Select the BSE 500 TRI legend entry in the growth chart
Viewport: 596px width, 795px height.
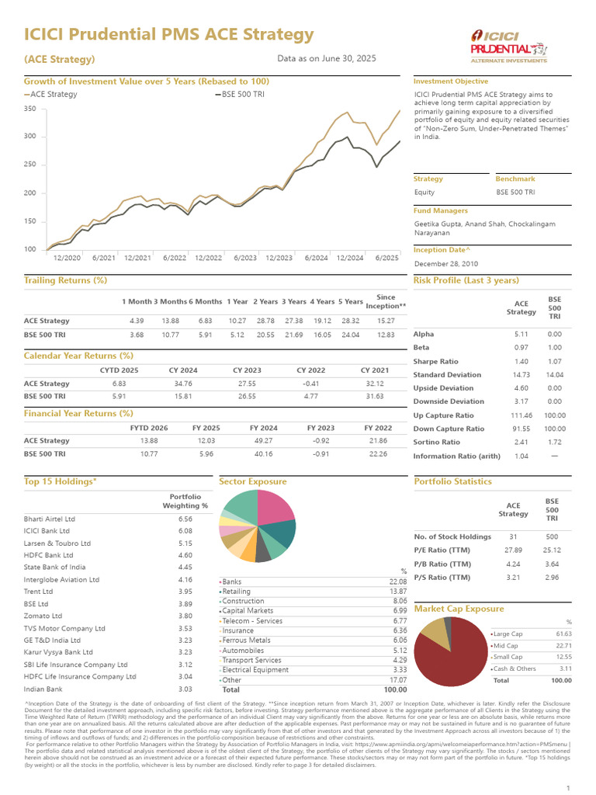[x=240, y=94]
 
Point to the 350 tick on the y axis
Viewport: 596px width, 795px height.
[x=30, y=109]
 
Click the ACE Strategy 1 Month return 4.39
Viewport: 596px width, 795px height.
[x=137, y=321]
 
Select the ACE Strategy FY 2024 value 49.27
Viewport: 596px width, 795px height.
[x=263, y=440]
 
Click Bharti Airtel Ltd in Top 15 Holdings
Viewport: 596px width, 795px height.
[x=50, y=519]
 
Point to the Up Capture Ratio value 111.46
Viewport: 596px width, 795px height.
[x=521, y=415]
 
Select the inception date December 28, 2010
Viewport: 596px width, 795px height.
[x=448, y=264]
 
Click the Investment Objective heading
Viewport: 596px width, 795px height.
[x=451, y=82]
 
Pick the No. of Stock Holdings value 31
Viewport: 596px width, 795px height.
[x=513, y=536]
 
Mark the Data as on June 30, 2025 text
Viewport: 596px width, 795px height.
[x=326, y=58]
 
